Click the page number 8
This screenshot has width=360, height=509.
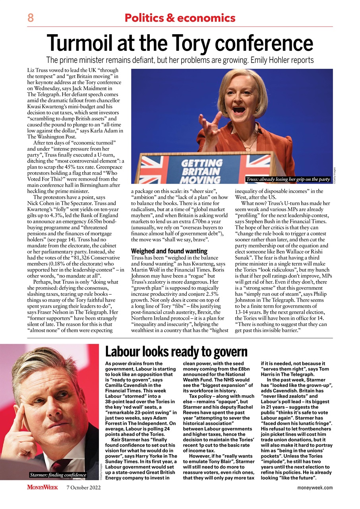tap(30, 18)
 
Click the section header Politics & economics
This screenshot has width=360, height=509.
tap(180, 18)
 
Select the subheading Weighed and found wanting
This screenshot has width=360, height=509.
tap(169, 251)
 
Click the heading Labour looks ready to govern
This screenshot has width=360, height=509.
tap(176, 352)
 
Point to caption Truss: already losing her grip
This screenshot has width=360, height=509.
tap(288, 179)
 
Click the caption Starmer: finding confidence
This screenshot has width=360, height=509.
tap(58, 475)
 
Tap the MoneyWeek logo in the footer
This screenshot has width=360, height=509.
tap(43, 487)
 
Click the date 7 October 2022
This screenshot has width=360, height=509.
tap(83, 488)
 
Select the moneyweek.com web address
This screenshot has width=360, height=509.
tap(315, 488)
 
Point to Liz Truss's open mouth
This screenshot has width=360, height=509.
tap(239, 110)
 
